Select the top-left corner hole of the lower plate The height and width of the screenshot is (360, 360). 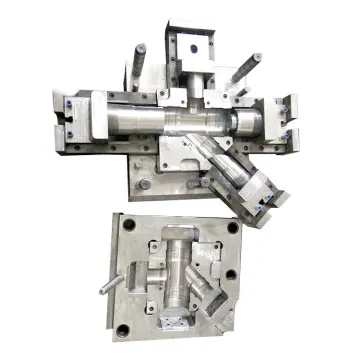(122, 223)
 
